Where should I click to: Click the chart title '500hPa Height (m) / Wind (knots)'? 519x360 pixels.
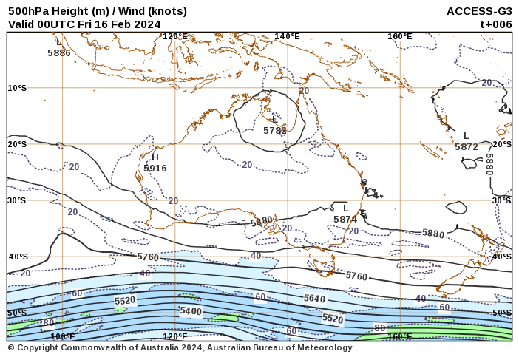98,11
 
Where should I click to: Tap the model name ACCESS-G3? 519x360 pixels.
479,11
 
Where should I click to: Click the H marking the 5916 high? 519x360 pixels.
155,157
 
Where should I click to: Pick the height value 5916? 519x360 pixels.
155,169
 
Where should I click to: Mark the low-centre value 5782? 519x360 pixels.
275,131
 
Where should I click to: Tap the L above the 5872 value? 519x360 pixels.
467,136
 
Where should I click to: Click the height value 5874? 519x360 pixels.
345,220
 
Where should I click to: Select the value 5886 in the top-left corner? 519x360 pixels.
59,53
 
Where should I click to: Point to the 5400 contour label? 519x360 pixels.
191,312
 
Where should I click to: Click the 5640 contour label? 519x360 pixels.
314,299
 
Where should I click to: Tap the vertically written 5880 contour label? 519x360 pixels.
490,164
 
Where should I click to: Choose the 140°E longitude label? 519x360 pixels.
287,36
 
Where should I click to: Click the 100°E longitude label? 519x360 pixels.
63,337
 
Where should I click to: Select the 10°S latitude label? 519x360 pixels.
17,88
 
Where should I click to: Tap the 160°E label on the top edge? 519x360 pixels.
399,36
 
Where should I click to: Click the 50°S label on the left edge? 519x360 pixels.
17,313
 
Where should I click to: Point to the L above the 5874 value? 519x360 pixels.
345,208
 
